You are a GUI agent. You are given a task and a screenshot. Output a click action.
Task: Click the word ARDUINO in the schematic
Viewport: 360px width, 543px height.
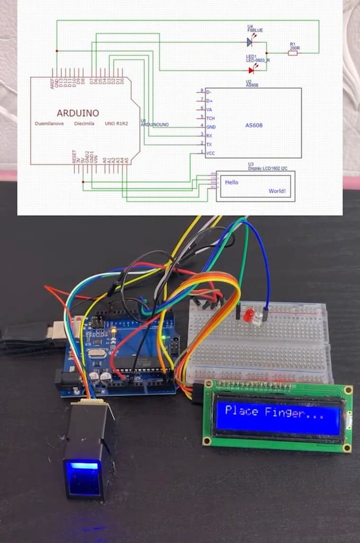pos(77,113)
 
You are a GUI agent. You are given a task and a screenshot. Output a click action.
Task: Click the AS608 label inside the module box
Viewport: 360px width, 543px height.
pos(254,125)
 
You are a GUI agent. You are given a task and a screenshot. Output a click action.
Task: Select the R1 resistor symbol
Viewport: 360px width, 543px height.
pos(293,52)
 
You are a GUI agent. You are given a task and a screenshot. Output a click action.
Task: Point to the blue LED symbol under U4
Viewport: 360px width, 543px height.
pos(249,42)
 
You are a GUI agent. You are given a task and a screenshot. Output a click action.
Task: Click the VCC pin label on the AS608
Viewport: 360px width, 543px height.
pos(210,153)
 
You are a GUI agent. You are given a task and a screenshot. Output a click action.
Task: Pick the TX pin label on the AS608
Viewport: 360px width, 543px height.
pos(209,144)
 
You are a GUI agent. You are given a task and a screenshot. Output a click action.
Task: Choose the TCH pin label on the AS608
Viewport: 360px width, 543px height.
pos(210,117)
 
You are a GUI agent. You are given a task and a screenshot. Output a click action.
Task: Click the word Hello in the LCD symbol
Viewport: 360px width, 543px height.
pos(231,182)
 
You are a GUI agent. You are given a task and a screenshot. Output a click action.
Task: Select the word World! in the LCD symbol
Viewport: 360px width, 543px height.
pos(280,191)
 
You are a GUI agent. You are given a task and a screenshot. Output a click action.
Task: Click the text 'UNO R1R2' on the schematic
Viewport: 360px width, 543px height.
pos(117,123)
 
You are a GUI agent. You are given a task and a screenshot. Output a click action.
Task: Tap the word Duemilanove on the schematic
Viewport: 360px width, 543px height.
pos(49,123)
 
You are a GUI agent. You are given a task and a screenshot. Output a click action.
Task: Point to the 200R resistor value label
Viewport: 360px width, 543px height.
pos(294,48)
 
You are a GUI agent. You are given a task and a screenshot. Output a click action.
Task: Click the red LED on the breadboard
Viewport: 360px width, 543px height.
pos(247,316)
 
